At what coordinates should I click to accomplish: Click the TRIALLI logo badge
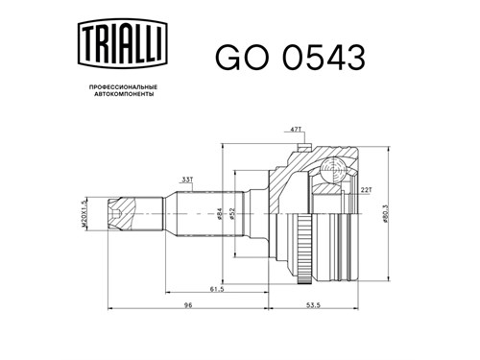click(123, 43)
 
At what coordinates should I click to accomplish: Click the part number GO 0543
click(290, 58)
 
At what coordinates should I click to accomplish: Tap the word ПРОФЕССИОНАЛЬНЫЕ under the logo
click(123, 87)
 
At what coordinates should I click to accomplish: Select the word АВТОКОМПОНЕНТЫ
click(124, 94)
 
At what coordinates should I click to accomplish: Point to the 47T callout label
click(296, 130)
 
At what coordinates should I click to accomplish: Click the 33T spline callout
click(187, 180)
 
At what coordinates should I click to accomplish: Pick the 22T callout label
click(366, 190)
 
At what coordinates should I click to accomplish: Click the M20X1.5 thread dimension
click(84, 213)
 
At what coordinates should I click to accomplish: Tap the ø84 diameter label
click(220, 213)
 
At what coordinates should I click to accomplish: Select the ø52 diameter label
click(232, 213)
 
